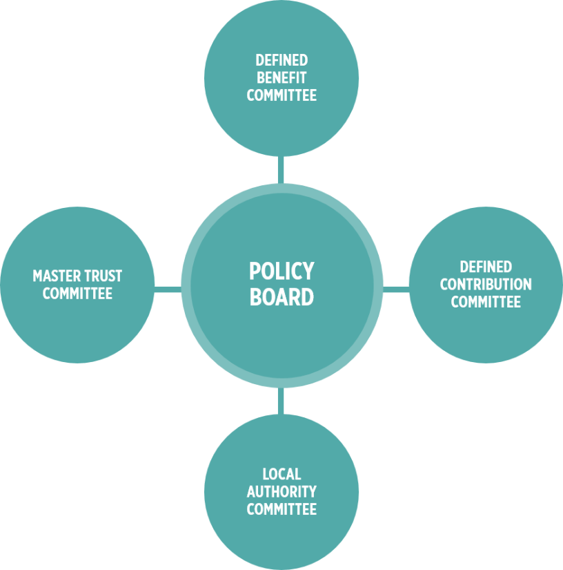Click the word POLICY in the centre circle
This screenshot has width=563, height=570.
tap(281, 271)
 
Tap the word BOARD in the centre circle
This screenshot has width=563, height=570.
tap(281, 297)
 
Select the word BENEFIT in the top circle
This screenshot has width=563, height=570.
tap(281, 78)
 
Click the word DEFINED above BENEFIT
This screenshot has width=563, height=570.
tap(281, 61)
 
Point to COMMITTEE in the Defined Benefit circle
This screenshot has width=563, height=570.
tap(281, 95)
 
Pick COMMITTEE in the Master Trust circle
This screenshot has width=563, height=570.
tap(77, 294)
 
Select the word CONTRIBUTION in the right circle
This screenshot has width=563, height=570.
tap(486, 285)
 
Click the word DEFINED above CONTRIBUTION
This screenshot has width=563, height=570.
tap(486, 267)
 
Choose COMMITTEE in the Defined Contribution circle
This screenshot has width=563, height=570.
tap(486, 302)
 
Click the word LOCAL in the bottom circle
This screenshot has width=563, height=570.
tap(281, 475)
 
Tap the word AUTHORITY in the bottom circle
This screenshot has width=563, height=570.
tap(281, 492)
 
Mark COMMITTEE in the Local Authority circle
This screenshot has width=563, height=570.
tap(281, 510)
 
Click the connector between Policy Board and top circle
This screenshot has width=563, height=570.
tap(281, 170)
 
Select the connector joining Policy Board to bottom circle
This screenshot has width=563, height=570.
tap(281, 401)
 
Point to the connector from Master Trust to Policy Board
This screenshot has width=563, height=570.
tap(168, 288)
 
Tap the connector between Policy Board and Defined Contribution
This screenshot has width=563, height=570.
tap(395, 288)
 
